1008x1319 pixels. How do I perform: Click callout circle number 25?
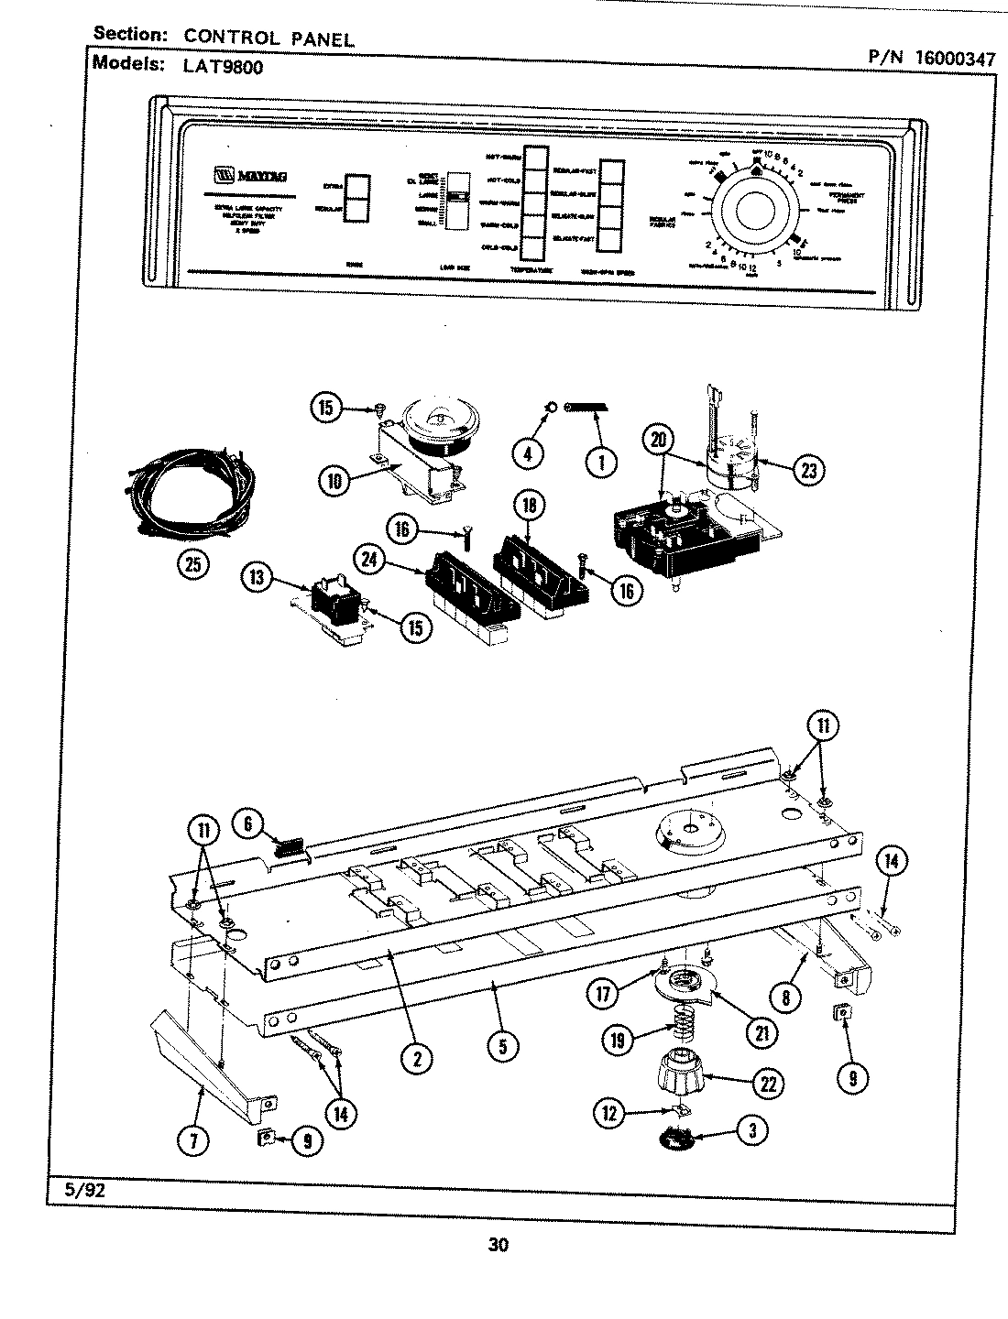tap(192, 563)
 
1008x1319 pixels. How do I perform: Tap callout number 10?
tap(336, 479)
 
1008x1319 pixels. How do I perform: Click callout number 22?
tap(768, 1084)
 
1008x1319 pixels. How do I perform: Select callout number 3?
tap(753, 1130)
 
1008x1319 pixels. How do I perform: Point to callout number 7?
tap(194, 1139)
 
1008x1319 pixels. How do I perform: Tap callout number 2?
tap(416, 1057)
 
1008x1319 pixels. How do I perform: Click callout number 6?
tap(247, 823)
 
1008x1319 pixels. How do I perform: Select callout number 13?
tap(257, 577)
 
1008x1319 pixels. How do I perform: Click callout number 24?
tap(369, 560)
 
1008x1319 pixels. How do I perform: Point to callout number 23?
tap(808, 470)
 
